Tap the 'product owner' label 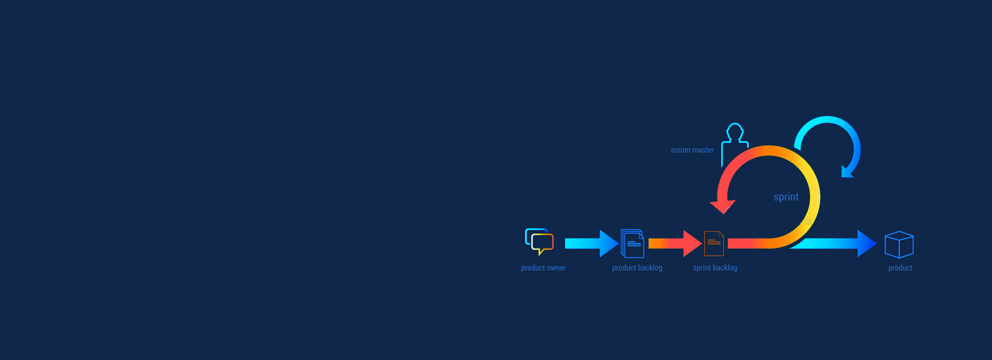543,268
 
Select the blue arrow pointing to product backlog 592,243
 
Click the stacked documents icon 632,243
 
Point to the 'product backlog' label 637,268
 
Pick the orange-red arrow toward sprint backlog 675,243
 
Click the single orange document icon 714,243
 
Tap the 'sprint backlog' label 715,268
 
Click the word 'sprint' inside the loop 786,197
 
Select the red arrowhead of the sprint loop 722,207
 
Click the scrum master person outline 734,145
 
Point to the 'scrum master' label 692,150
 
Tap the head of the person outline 735,131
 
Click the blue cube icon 899,244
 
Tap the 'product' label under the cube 900,268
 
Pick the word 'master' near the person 703,150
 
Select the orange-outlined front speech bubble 542,244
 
